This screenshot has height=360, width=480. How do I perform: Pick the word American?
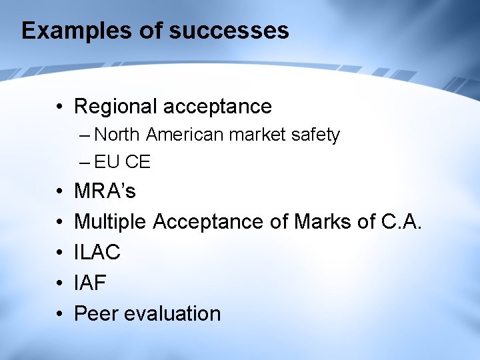186,135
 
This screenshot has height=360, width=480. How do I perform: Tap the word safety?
315,135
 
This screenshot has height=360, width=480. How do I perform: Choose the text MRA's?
105,191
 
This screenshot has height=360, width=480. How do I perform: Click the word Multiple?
111,222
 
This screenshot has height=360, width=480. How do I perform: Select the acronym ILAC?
97,253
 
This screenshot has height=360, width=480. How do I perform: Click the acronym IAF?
91,283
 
